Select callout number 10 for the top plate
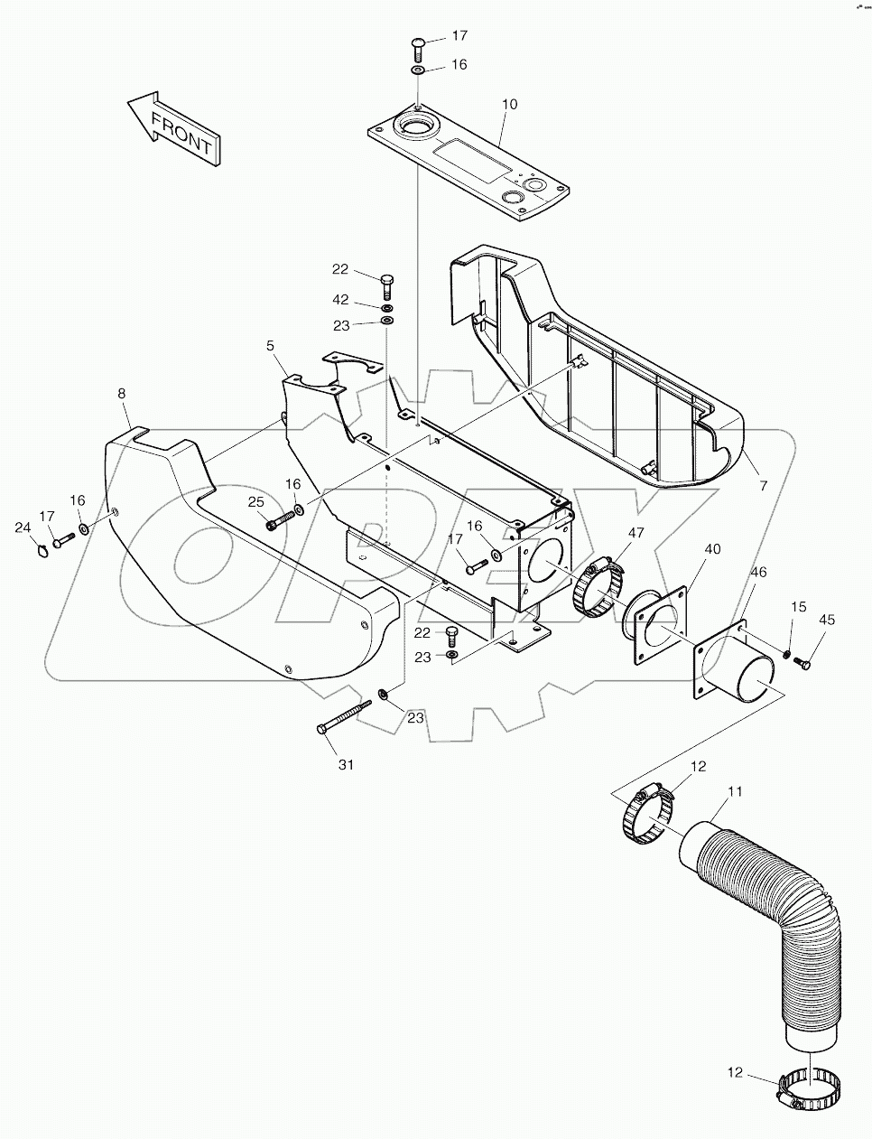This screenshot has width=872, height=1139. pos(509,105)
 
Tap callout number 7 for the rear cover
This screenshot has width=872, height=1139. pos(763,486)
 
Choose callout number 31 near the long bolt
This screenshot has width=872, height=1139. pos(347,764)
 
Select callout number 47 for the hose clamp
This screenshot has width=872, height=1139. pos(635,533)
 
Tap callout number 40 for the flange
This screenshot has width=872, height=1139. pos(713,548)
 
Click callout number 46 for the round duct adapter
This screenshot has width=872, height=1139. pos(759,572)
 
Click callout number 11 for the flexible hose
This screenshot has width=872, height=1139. pos(736,791)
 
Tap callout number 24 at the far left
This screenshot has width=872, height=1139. pos(23,527)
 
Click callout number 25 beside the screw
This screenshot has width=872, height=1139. pos(255,501)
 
